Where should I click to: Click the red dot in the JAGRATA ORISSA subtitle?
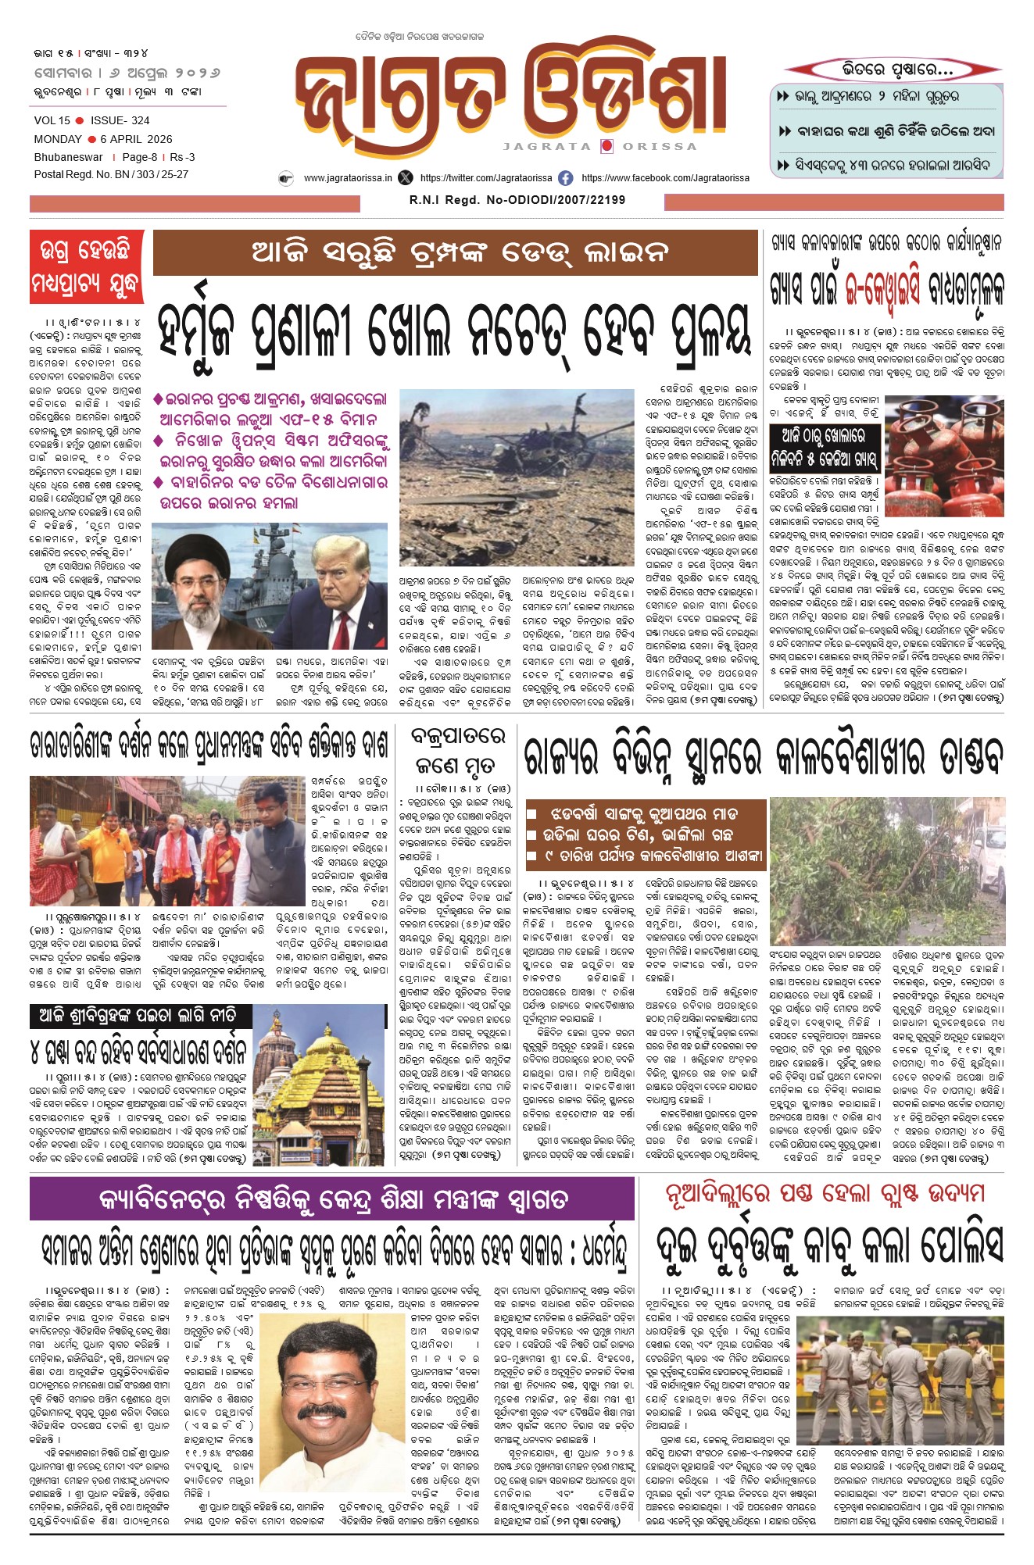[606, 146]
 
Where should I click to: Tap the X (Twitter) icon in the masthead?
[405, 178]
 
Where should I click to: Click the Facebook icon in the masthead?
[565, 178]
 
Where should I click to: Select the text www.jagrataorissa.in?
[348, 178]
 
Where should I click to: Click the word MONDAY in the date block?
[58, 139]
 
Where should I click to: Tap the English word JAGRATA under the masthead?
[547, 146]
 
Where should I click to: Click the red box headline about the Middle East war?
[86, 266]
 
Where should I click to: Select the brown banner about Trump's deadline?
[456, 252]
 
